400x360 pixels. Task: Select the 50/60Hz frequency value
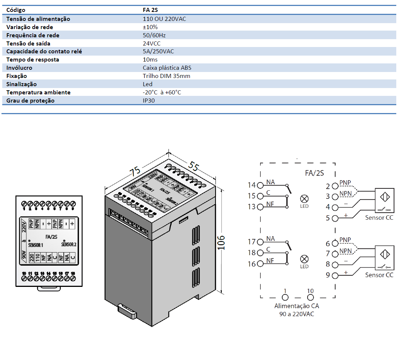154,35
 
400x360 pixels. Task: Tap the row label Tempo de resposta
32,60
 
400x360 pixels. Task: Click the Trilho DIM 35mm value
166,76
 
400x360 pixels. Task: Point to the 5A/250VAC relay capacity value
158,51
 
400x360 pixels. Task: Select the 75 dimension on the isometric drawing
135,171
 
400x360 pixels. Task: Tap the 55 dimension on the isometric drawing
193,165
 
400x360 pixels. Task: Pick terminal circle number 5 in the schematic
335,218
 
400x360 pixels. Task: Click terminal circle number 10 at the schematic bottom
310,297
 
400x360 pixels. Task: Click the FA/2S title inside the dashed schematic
314,173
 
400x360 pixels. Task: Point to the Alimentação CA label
296,306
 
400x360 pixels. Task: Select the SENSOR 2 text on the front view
69,245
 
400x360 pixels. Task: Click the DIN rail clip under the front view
49,288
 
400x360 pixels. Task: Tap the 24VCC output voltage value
151,43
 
